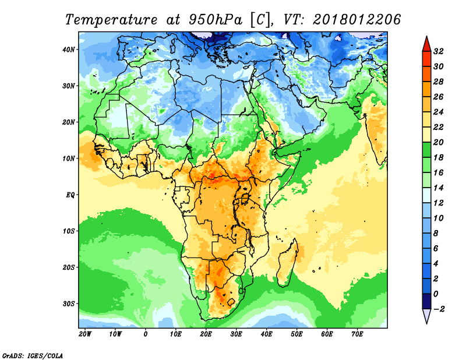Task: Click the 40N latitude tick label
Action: click(x=69, y=50)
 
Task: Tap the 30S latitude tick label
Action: click(x=69, y=303)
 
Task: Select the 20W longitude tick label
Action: click(x=84, y=334)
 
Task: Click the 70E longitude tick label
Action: click(x=357, y=334)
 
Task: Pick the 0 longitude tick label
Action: click(x=145, y=334)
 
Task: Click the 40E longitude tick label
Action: click(x=266, y=334)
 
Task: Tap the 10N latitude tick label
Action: click(x=69, y=158)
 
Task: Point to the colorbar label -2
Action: click(x=439, y=309)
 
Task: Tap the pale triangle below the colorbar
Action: click(x=426, y=316)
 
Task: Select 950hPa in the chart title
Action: click(x=213, y=19)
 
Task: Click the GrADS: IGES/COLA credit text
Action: click(x=33, y=355)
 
